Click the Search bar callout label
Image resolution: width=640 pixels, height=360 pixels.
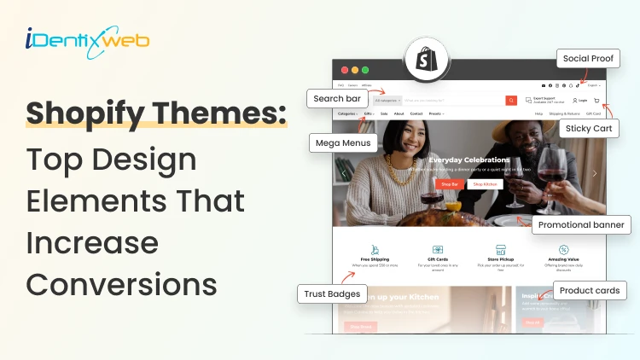point(337,98)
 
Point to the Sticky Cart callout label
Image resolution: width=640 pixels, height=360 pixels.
point(589,128)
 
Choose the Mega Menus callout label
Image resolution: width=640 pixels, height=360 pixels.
point(343,142)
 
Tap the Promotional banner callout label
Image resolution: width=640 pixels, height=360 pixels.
point(581,225)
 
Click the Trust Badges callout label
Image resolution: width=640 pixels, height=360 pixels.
point(332,294)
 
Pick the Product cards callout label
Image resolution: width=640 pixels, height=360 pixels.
point(589,291)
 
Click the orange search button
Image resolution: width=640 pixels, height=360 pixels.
point(511,101)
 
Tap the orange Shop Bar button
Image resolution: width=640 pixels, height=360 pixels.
point(449,183)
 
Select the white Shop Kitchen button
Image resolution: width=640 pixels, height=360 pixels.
point(485,183)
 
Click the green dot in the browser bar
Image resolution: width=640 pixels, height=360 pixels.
point(365,70)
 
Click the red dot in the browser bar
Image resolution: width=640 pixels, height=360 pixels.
point(345,70)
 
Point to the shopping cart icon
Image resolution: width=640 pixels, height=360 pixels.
point(596,101)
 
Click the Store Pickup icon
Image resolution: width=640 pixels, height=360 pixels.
point(500,250)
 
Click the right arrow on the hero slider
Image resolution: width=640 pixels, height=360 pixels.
point(595,173)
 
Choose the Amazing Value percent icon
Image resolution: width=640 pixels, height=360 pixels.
point(564,250)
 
